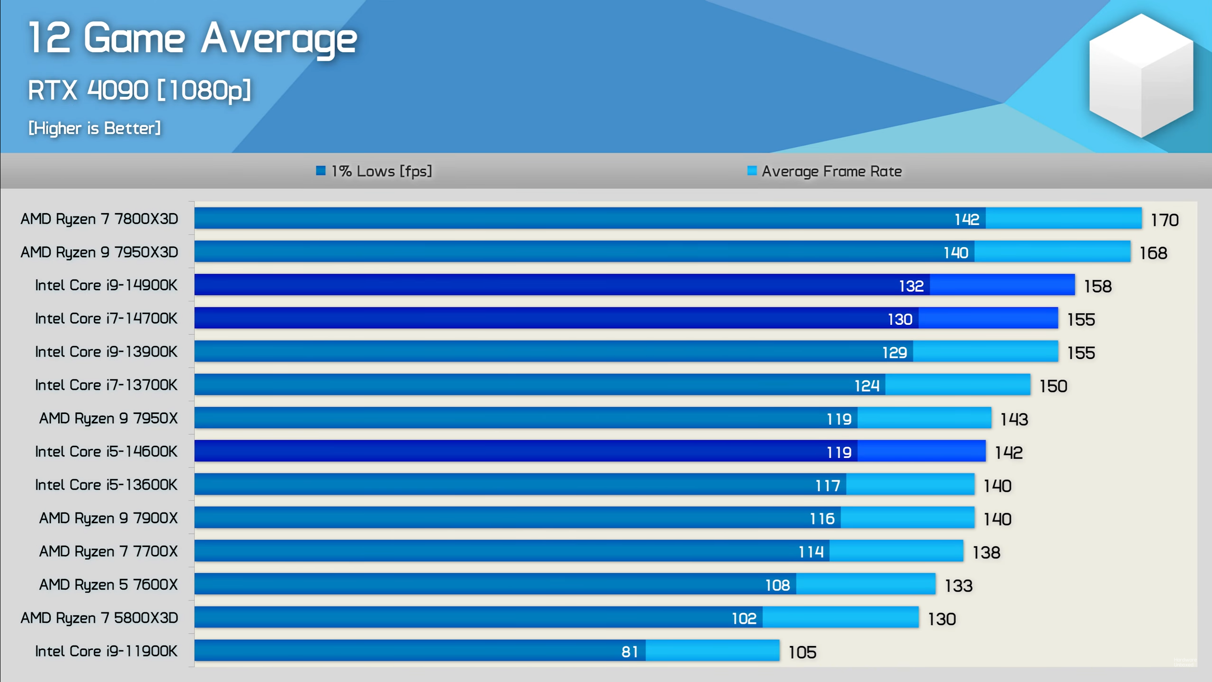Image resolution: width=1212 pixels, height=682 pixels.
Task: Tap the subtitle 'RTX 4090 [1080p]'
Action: click(139, 90)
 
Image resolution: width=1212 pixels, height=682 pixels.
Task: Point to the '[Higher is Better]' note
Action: click(95, 128)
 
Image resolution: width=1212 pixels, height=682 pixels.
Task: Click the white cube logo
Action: click(1141, 76)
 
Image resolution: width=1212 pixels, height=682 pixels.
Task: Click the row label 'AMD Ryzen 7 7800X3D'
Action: click(99, 219)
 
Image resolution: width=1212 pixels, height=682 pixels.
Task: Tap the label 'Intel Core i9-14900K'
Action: click(106, 285)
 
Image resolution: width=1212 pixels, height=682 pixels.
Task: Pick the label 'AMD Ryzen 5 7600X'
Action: click(108, 584)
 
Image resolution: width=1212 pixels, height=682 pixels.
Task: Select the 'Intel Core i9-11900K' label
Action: click(106, 651)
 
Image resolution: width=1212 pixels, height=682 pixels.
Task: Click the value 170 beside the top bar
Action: click(1164, 220)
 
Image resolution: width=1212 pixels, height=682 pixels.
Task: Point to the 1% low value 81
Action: click(629, 652)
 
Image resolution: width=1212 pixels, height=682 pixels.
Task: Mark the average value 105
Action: click(802, 653)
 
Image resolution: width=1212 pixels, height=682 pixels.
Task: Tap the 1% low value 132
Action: click(911, 286)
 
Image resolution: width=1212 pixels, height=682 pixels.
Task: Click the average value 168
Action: click(1153, 253)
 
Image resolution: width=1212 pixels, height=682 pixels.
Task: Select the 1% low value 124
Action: click(866, 386)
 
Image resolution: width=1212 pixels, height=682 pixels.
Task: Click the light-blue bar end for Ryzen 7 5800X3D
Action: click(840, 617)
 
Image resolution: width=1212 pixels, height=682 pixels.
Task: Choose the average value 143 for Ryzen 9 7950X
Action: click(1014, 419)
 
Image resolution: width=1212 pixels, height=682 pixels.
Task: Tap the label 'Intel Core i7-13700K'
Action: click(106, 385)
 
